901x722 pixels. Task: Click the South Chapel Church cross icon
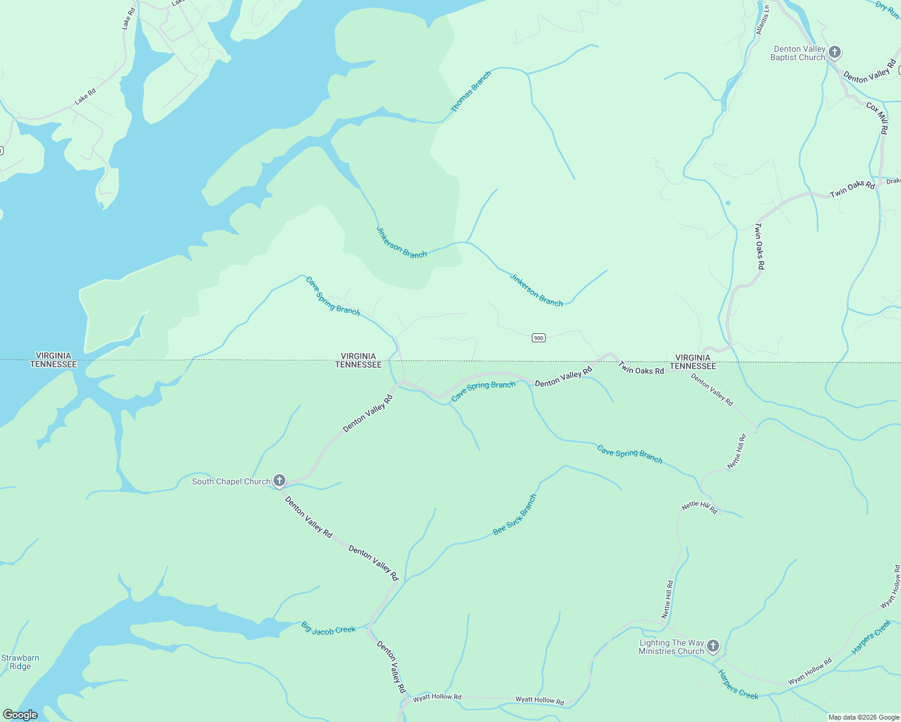[x=279, y=480]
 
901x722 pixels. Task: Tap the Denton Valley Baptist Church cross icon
[x=834, y=52]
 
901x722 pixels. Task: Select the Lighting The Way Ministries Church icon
[x=712, y=646]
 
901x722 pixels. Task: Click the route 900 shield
[x=538, y=338]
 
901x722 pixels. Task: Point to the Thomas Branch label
[x=472, y=91]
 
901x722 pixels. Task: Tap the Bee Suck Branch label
[x=514, y=515]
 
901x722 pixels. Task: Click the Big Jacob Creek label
[x=328, y=629]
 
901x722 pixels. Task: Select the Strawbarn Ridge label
[x=20, y=662]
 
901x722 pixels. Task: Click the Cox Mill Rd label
[x=878, y=118]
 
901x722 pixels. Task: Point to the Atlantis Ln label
[x=763, y=20]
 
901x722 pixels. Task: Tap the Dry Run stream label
[x=887, y=9]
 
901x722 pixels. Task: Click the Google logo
[x=20, y=715]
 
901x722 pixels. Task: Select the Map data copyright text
[x=864, y=717]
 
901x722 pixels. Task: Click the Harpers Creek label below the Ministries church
[x=738, y=685]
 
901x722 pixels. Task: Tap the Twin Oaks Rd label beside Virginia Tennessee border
[x=641, y=369]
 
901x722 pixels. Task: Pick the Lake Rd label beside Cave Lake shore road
[x=86, y=97]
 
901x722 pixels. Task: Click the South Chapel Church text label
[x=231, y=481]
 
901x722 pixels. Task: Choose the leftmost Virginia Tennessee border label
[x=54, y=360]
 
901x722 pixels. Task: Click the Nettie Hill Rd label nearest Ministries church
[x=668, y=599]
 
